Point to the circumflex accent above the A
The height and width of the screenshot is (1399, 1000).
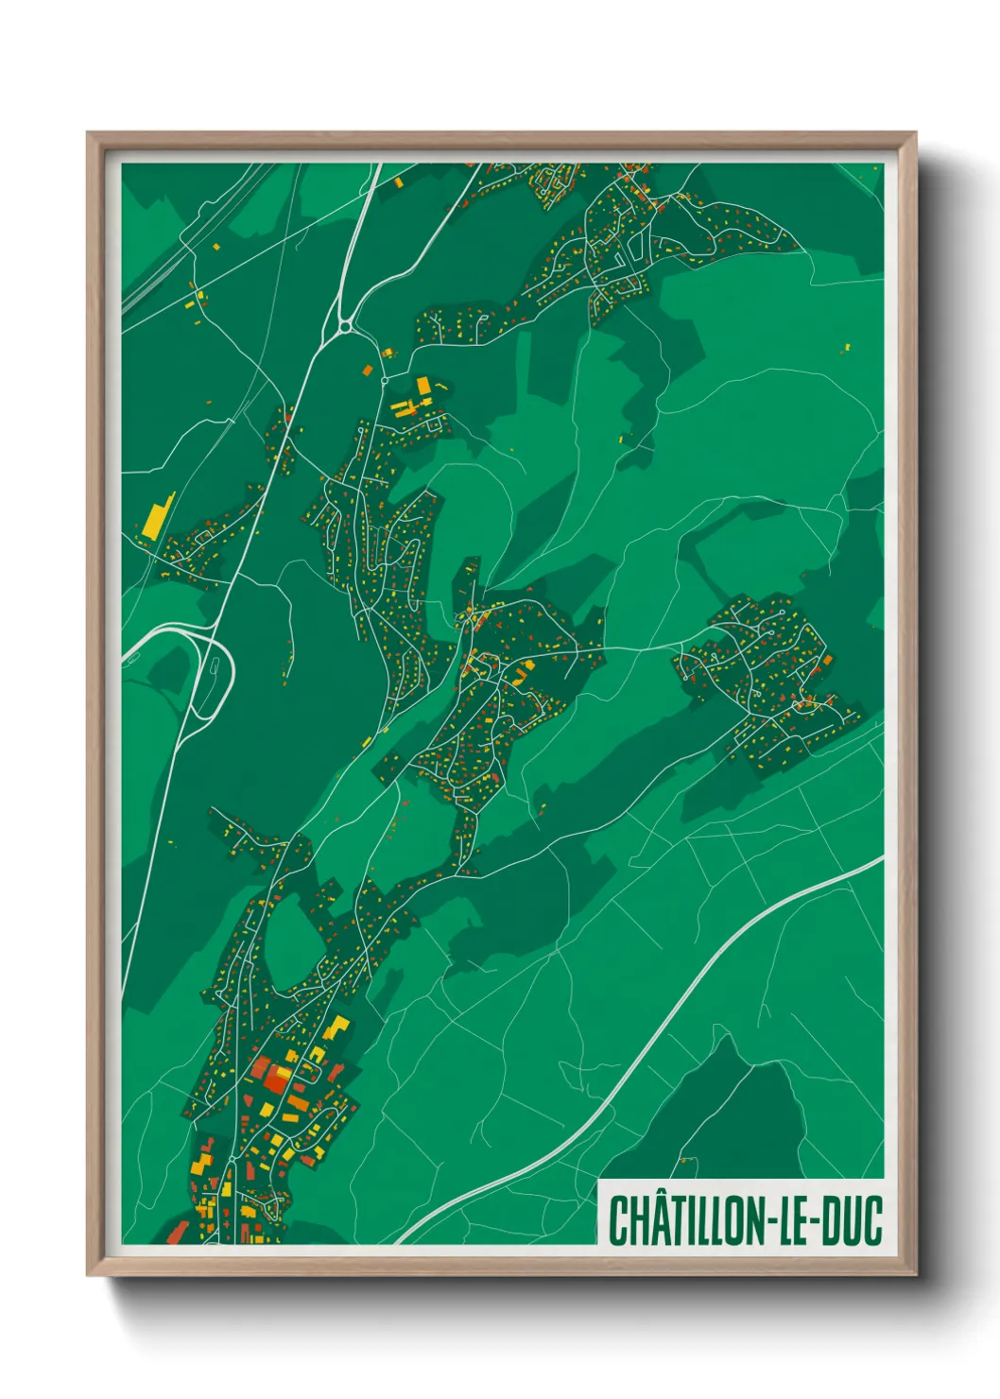coord(648,1197)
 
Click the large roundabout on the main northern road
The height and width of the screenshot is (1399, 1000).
coord(345,327)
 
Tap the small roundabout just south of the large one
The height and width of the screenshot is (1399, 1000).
coord(385,380)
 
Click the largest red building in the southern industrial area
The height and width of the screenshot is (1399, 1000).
coord(276,1078)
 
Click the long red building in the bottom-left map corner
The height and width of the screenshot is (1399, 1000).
coord(178,1232)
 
